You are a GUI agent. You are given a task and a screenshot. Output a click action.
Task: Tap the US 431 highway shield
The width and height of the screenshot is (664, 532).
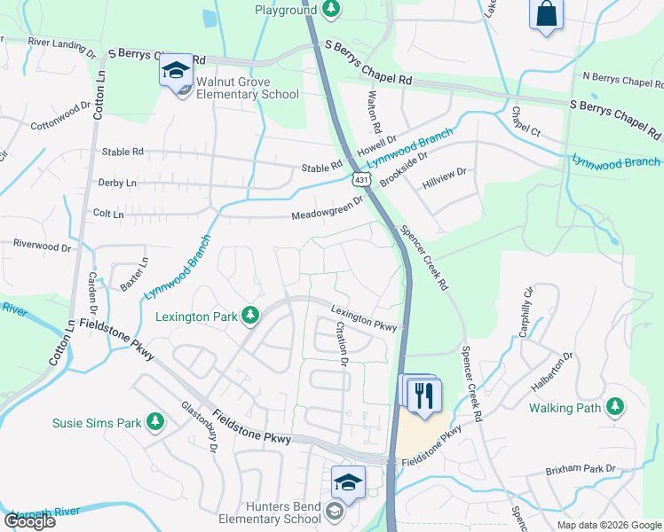(x=360, y=180)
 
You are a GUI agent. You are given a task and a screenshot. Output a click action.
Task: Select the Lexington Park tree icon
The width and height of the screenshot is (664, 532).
(x=251, y=316)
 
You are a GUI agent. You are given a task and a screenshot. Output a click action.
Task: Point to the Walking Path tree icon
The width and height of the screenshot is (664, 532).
(x=614, y=408)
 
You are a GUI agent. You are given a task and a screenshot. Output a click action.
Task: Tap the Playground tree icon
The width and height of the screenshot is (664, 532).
(x=330, y=9)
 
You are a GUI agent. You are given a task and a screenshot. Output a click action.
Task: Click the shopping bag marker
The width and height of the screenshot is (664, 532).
(x=546, y=14)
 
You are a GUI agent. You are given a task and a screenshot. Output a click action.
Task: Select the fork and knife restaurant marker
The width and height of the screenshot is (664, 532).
(x=423, y=394)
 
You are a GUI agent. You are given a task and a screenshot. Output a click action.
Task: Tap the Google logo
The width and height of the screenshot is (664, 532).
(x=29, y=521)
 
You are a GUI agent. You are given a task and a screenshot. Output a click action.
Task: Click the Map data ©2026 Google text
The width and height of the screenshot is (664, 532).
(x=609, y=525)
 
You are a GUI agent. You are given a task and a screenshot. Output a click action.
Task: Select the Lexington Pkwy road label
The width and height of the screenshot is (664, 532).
(x=364, y=317)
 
